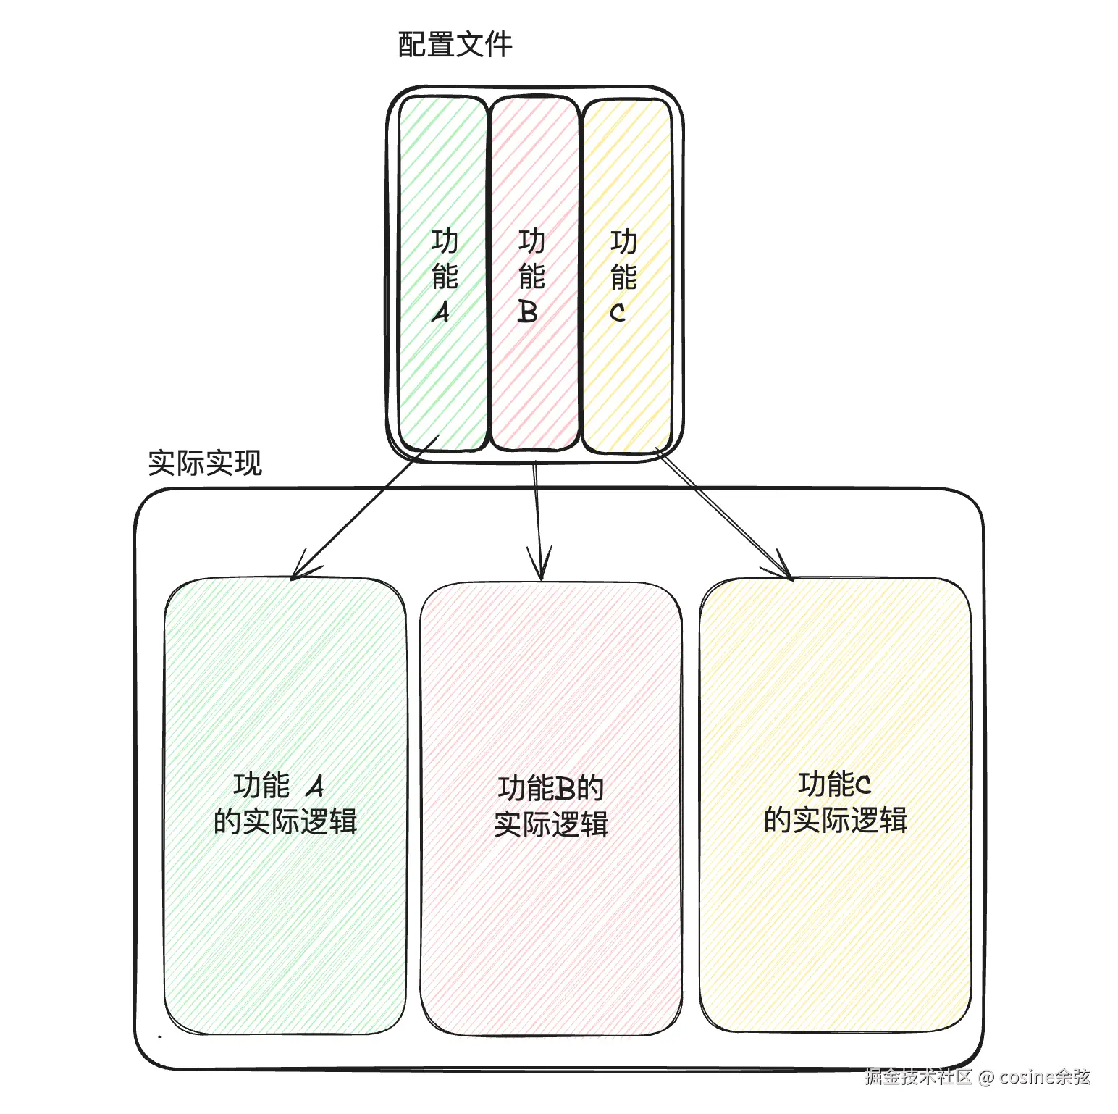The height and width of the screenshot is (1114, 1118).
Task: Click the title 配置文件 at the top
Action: pyautogui.click(x=455, y=45)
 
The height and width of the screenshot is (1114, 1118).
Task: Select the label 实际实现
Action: pyautogui.click(x=205, y=463)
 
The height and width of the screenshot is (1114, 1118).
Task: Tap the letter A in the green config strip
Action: pyautogui.click(x=441, y=312)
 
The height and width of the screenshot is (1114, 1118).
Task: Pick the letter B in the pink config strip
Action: pyautogui.click(x=528, y=312)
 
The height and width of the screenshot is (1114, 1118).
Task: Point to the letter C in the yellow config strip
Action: pyautogui.click(x=618, y=313)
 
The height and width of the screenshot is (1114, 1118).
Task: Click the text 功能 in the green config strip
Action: pyautogui.click(x=445, y=259)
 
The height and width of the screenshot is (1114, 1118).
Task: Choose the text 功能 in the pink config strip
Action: pyautogui.click(x=531, y=259)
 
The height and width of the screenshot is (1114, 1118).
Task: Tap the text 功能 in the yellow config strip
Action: pyautogui.click(x=623, y=259)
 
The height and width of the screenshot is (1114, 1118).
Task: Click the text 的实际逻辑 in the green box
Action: pyautogui.click(x=285, y=822)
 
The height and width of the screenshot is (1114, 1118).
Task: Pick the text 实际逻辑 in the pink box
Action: pyautogui.click(x=551, y=824)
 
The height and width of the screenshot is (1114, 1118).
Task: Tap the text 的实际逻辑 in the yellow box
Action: pyautogui.click(x=836, y=820)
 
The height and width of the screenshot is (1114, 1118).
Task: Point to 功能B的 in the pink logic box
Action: pyautogui.click(x=551, y=788)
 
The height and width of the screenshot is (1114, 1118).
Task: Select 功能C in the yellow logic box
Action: pyautogui.click(x=834, y=784)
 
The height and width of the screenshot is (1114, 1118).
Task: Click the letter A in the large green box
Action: pyautogui.click(x=315, y=786)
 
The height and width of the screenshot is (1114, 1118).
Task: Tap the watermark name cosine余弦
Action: pyautogui.click(x=1045, y=1077)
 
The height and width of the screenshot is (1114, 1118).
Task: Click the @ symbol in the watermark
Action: pyautogui.click(x=985, y=1078)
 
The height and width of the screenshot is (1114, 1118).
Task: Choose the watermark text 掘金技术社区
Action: pyautogui.click(x=918, y=1077)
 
